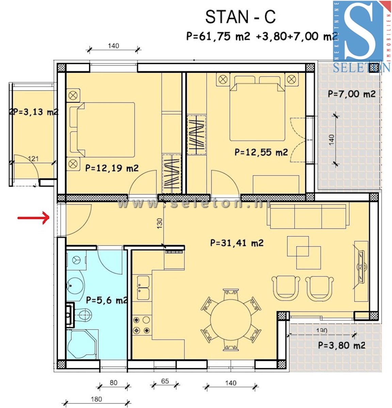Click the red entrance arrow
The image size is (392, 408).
pos(34,218)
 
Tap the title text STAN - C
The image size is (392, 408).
pos(240,17)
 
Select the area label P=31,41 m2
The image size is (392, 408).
pos(236,243)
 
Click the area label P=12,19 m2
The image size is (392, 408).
pos(112,168)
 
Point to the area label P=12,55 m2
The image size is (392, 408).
pos(261,152)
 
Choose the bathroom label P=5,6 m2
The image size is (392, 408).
pos(107,300)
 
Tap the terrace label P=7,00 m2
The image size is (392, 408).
pos(352,94)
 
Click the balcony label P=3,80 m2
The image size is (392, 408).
pos(341,345)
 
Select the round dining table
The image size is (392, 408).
pos(231,320)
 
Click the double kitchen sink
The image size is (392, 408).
pos(143,287)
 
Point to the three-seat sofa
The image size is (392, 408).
pos(308,216)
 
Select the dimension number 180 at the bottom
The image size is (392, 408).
pos(96,399)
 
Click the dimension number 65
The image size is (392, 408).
pos(165,381)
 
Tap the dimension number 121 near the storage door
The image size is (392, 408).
pos(33,158)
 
